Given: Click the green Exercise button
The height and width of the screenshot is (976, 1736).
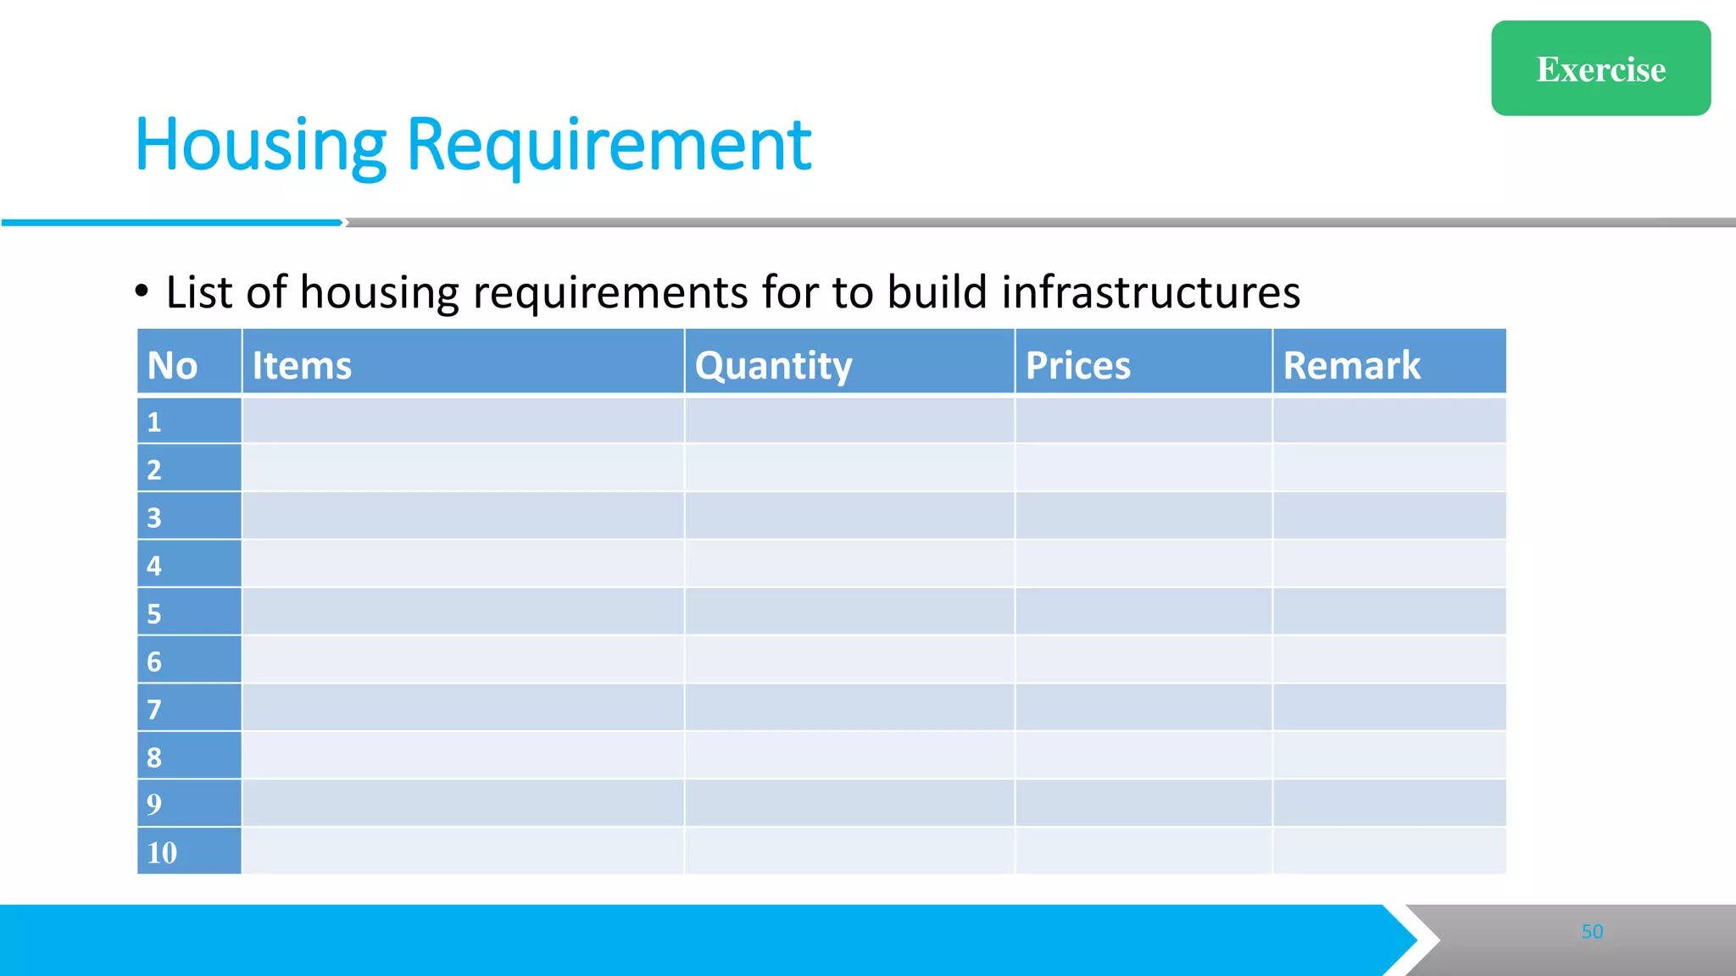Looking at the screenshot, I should click(x=1600, y=69).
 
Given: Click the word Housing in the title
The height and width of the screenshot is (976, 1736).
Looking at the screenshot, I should click(x=260, y=146).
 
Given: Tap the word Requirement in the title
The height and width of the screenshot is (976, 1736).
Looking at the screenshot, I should click(x=609, y=146).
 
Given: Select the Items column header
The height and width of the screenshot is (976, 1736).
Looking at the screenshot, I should click(x=302, y=365).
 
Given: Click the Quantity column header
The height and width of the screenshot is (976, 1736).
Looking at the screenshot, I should click(x=773, y=365).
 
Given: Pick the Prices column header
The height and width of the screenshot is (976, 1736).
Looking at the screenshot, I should click(x=1077, y=365).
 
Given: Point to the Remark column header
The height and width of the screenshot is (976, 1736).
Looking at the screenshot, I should click(x=1351, y=365).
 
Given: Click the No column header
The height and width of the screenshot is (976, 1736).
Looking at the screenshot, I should click(x=172, y=365).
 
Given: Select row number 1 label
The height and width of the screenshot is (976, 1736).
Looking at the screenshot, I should click(x=154, y=422).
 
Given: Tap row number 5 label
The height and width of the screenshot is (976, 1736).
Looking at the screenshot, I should click(x=154, y=613).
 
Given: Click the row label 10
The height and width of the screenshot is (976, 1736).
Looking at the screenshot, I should click(x=162, y=852).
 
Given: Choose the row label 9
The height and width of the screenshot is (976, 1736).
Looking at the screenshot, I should click(x=154, y=804).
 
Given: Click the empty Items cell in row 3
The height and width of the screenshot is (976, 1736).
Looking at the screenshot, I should click(x=463, y=516).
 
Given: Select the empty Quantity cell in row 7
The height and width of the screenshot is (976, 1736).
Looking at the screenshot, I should click(x=849, y=708).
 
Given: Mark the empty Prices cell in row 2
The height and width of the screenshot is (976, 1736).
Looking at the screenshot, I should click(x=1143, y=469).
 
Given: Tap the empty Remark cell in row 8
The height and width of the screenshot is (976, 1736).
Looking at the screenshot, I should click(x=1389, y=756).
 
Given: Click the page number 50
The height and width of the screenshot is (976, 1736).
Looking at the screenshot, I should click(x=1592, y=932).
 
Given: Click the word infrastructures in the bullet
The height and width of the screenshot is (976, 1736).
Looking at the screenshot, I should click(x=1150, y=292).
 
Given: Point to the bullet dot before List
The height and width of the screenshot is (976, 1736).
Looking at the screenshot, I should click(x=142, y=291).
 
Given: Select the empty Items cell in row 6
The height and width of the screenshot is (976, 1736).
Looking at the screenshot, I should click(x=463, y=660).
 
